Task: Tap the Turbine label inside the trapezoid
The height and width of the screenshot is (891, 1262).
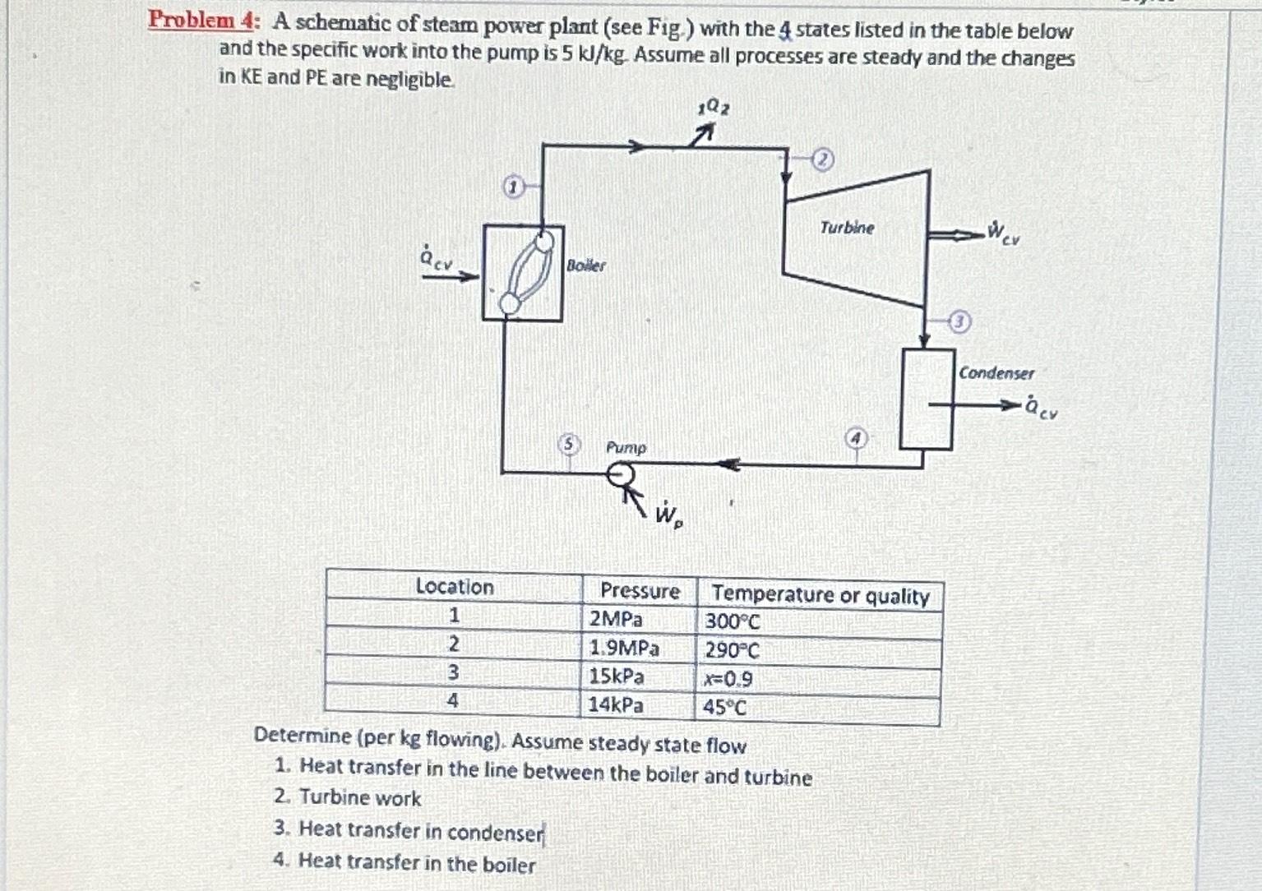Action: pyautogui.click(x=847, y=228)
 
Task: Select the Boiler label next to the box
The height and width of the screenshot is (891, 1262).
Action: pyautogui.click(x=586, y=265)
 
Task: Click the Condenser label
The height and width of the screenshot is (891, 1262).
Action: pyautogui.click(x=996, y=373)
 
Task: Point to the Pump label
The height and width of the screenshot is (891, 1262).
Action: pyautogui.click(x=626, y=448)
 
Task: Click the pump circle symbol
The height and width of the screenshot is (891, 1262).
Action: pyautogui.click(x=621, y=475)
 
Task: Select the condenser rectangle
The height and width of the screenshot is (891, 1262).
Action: pyautogui.click(x=927, y=399)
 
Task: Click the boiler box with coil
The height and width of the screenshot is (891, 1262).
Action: pyautogui.click(x=523, y=273)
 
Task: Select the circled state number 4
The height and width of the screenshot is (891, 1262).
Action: pyautogui.click(x=857, y=439)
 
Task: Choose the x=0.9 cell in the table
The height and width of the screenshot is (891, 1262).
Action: pyautogui.click(x=728, y=679)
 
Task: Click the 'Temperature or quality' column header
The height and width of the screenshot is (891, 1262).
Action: pyautogui.click(x=820, y=595)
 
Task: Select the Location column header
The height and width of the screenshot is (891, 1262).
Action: pyautogui.click(x=455, y=587)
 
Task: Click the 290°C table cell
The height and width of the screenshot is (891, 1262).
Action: pyautogui.click(x=732, y=651)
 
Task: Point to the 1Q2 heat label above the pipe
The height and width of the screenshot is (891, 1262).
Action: pyautogui.click(x=712, y=108)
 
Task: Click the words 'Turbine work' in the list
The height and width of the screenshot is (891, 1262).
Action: pyautogui.click(x=360, y=798)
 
